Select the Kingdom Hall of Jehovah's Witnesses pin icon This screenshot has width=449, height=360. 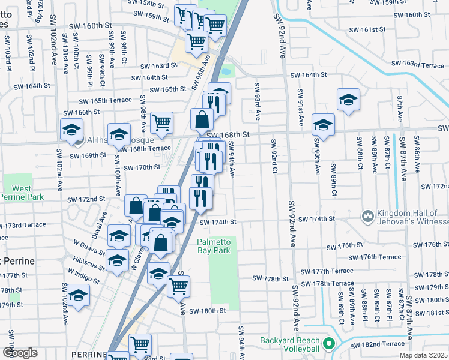click(367, 215)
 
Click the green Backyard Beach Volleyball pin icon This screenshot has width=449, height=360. click(328, 344)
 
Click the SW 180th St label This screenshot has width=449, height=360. click(207, 311)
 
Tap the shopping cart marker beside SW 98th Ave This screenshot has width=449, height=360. click(161, 122)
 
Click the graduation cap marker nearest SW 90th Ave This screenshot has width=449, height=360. click(323, 125)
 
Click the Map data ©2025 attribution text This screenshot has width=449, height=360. click(422, 355)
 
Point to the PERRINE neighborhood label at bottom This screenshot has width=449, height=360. click(88, 355)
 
